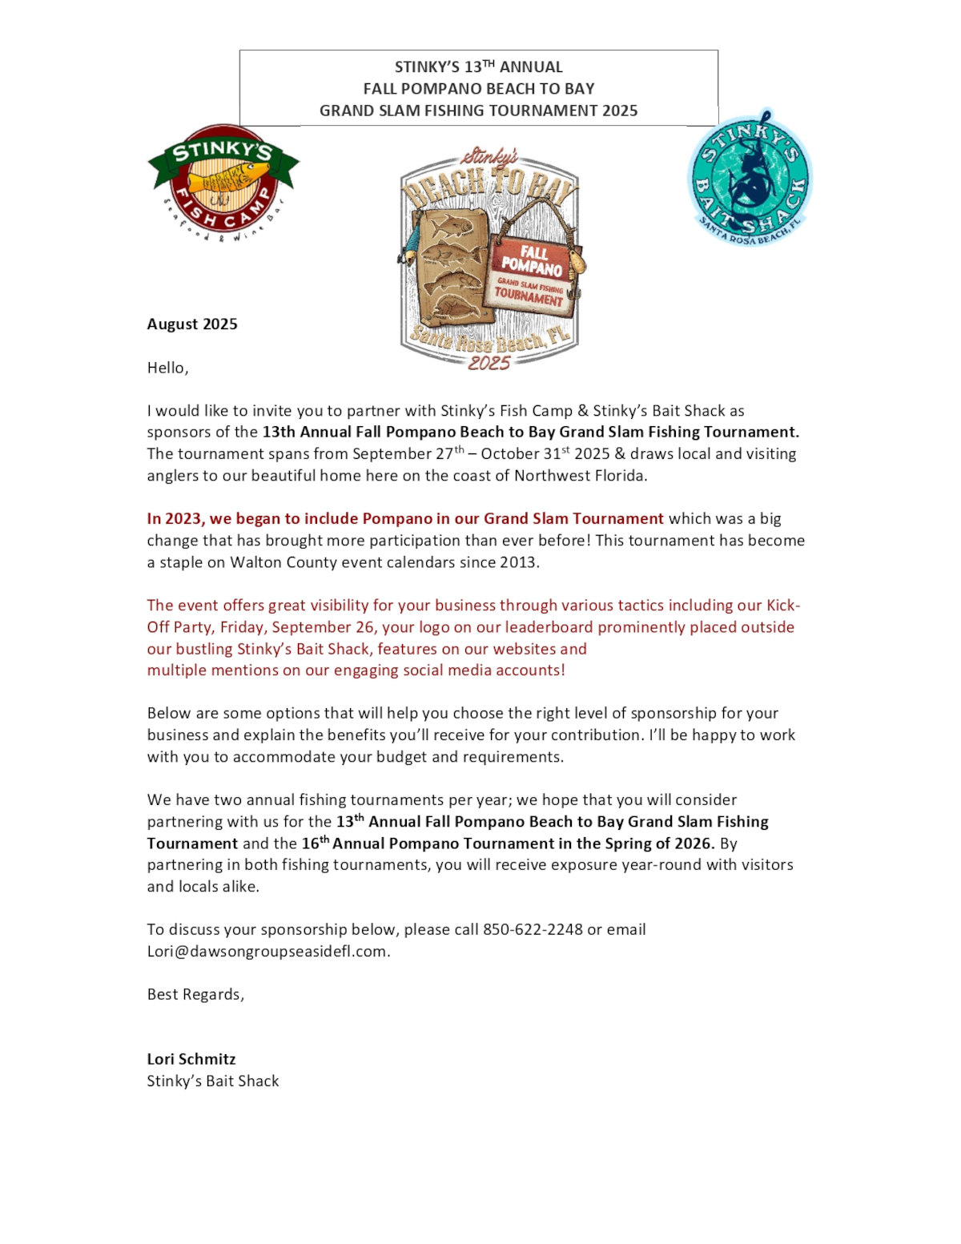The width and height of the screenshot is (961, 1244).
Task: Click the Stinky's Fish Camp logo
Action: pos(223,183)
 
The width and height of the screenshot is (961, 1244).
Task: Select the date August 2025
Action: pos(192,324)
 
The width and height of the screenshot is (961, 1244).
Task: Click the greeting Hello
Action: pos(167,368)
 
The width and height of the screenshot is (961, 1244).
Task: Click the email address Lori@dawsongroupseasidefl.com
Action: pos(267,952)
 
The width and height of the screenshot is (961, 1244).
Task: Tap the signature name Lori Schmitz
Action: pos(191,1060)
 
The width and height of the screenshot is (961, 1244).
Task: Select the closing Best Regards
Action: pos(195,995)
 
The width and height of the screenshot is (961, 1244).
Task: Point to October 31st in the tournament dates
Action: pos(525,454)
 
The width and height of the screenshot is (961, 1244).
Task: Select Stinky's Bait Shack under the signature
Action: pos(213,1081)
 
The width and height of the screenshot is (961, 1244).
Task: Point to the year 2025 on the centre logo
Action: pos(489,363)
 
